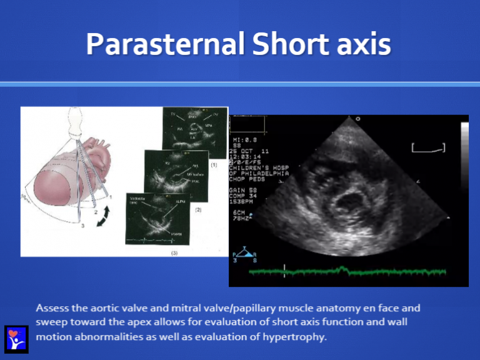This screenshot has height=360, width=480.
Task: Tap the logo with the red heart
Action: point(16,338)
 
